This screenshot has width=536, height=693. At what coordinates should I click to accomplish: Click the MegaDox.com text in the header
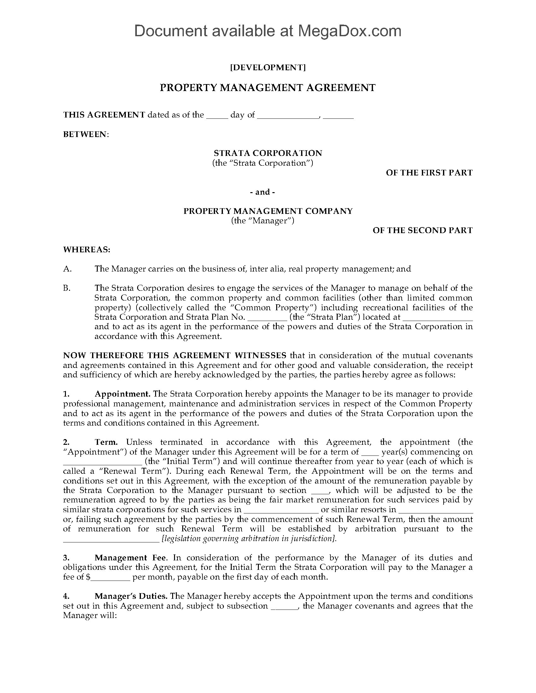pyautogui.click(x=349, y=31)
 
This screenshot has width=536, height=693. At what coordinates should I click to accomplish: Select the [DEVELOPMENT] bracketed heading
pyautogui.click(x=268, y=67)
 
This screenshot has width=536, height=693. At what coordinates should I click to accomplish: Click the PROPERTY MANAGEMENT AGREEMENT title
pyautogui.click(x=268, y=88)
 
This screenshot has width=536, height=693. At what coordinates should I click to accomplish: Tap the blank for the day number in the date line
pyautogui.click(x=217, y=116)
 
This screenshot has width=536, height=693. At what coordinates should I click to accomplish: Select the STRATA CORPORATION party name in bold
pyautogui.click(x=268, y=153)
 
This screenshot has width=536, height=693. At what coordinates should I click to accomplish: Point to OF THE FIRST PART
pyautogui.click(x=429, y=173)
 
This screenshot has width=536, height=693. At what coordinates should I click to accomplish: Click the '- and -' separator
pyautogui.click(x=263, y=192)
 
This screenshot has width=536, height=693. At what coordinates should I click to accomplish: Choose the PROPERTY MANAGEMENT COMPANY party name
pyautogui.click(x=268, y=211)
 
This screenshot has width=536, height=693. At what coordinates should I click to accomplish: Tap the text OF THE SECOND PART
pyautogui.click(x=422, y=230)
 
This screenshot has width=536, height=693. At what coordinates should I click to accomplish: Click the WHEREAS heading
pyautogui.click(x=86, y=250)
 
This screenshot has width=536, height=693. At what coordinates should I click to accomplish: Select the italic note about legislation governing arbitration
pyautogui.click(x=249, y=539)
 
